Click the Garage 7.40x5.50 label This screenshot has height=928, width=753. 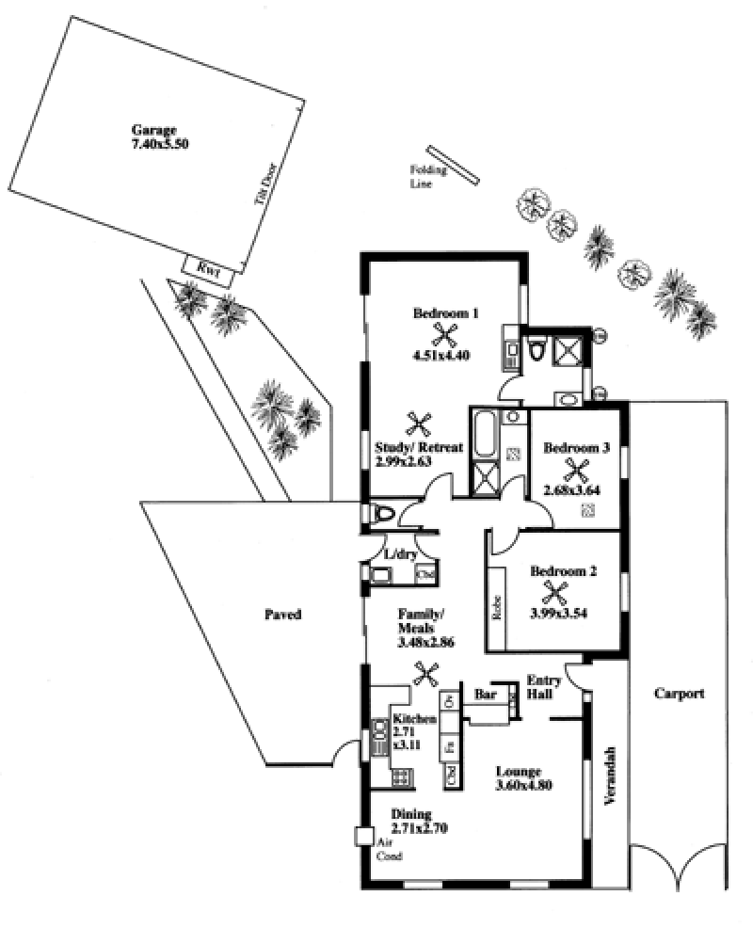[155, 137]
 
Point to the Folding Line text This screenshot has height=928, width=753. [422, 176]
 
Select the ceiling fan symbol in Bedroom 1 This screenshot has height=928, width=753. [445, 333]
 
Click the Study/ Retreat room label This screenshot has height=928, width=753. [417, 454]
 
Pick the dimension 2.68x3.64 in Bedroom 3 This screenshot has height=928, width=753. [572, 489]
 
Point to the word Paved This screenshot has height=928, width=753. [282, 615]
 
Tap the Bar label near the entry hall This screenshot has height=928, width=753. [486, 695]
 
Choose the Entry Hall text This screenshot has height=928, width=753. [543, 687]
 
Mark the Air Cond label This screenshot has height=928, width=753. [390, 850]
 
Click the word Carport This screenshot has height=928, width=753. [679, 694]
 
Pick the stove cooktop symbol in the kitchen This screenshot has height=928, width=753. [402, 777]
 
